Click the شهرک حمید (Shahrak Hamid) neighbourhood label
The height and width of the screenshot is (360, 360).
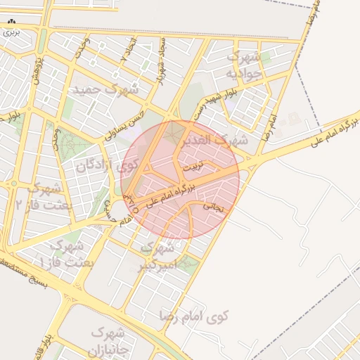pyautogui.click(x=105, y=90)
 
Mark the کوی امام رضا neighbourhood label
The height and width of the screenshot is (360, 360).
pyautogui.click(x=195, y=316)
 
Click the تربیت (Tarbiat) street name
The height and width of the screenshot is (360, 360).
pyautogui.click(x=192, y=168)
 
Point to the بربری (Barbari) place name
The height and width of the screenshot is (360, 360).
pyautogui.click(x=11, y=32)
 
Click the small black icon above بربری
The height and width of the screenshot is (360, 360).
pyautogui.click(x=11, y=22)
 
